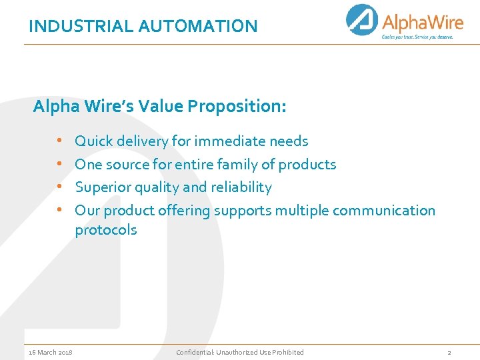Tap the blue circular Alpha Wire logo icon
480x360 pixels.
pyautogui.click(x=362, y=20)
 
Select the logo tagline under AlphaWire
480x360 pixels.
pyautogui.click(x=417, y=37)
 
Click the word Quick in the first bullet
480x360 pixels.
pyautogui.click(x=94, y=141)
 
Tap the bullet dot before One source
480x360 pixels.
pyautogui.click(x=59, y=164)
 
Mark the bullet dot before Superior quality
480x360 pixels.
pyautogui.click(x=59, y=187)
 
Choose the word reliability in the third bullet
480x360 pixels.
pyautogui.click(x=241, y=187)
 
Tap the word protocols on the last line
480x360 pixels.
pyautogui.click(x=105, y=230)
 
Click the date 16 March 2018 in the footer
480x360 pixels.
pyautogui.click(x=51, y=352)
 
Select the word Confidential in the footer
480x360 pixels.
pyautogui.click(x=193, y=352)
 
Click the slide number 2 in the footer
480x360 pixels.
pyautogui.click(x=449, y=352)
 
